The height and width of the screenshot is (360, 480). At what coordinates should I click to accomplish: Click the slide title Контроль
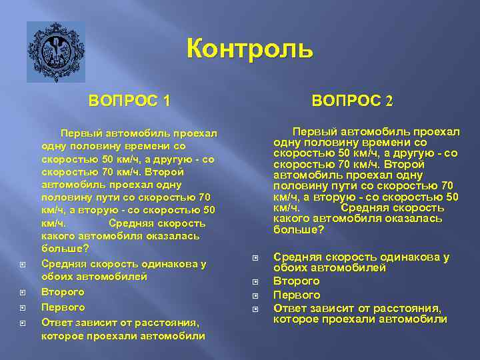tap(249, 49)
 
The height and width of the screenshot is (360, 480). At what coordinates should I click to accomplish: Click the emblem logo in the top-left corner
tap(55, 51)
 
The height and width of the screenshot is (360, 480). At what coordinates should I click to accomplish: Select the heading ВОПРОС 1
tap(129, 101)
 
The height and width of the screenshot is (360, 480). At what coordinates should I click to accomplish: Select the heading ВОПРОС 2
tap(353, 101)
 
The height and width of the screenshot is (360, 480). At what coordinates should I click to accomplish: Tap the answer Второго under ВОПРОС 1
tap(63, 292)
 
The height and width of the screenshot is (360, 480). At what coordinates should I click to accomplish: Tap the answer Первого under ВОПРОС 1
tap(63, 307)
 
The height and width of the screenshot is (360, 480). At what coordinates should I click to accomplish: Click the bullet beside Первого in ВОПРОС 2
tap(255, 295)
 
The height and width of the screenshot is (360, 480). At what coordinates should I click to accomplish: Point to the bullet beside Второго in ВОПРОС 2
tap(255, 283)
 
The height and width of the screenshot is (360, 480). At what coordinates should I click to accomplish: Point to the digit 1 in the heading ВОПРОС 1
tap(166, 101)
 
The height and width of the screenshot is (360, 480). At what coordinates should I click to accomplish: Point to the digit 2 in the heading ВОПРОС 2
tap(389, 101)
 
